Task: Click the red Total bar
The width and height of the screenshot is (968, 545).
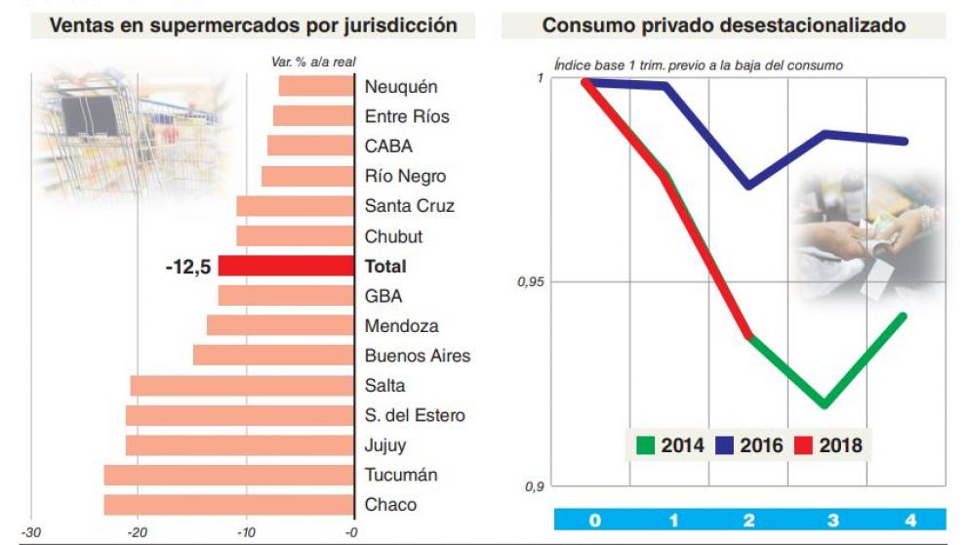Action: pos(285,266)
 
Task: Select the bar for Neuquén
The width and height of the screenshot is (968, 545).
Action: pos(315,86)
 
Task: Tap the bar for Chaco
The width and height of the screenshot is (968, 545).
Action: pos(228,505)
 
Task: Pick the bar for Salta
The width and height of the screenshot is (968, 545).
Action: pos(241,386)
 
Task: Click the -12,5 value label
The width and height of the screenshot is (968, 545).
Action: pos(188,267)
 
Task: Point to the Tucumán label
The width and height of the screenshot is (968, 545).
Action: pos(401,475)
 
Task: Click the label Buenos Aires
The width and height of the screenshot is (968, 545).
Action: pos(417,356)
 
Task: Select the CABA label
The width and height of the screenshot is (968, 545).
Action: pos(388,147)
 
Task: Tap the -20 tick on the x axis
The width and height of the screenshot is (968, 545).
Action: pos(138,532)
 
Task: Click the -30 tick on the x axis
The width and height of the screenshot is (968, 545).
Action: pos(31,532)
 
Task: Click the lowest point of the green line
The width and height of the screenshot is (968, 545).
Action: pos(826,403)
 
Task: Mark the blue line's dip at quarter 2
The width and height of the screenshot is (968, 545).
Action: pos(748,185)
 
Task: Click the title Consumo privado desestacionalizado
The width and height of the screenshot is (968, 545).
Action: pos(723,25)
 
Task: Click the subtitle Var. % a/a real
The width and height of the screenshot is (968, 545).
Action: pos(312,62)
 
